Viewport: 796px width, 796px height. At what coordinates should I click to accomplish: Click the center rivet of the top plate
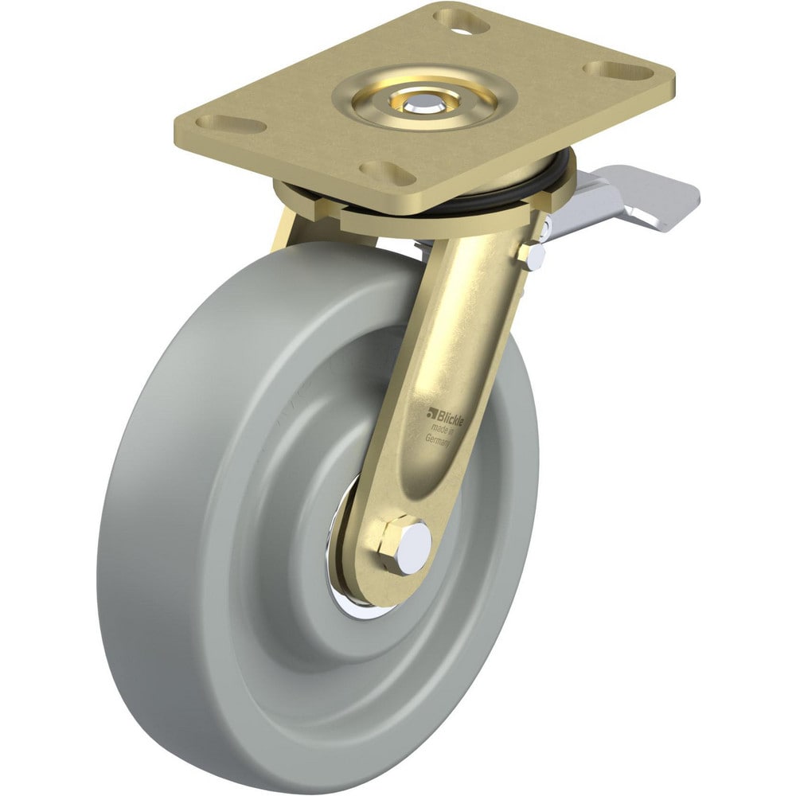pos(416,103)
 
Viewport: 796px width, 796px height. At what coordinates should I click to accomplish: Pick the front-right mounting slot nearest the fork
pos(384,172)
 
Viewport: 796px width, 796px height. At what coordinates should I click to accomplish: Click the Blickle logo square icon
pos(432,412)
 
